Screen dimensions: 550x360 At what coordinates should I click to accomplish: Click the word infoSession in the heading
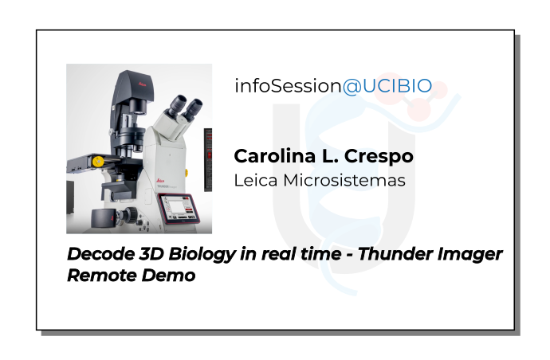pyautogui.click(x=288, y=86)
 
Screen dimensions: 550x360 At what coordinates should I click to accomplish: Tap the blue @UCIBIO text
pyautogui.click(x=387, y=86)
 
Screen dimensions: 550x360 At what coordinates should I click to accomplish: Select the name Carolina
pyautogui.click(x=275, y=156)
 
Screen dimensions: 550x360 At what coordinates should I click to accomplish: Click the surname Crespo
pyautogui.click(x=379, y=157)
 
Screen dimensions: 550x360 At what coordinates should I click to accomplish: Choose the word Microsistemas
pyautogui.click(x=344, y=181)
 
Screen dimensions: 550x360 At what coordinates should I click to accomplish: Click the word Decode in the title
pyautogui.click(x=100, y=254)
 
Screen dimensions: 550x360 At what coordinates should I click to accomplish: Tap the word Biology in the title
pyautogui.click(x=202, y=255)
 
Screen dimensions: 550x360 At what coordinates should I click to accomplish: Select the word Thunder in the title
pyautogui.click(x=395, y=254)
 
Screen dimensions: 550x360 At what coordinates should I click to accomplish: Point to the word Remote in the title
pyautogui.click(x=101, y=276)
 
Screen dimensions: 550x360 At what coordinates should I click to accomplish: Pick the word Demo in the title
pyautogui.click(x=168, y=276)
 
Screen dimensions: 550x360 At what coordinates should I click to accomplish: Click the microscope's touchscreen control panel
pyautogui.click(x=179, y=209)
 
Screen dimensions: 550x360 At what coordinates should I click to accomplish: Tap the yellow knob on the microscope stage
pyautogui.click(x=97, y=162)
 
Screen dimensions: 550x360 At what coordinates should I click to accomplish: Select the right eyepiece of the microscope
pyautogui.click(x=193, y=109)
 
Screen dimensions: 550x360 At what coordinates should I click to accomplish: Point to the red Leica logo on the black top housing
pyautogui.click(x=142, y=84)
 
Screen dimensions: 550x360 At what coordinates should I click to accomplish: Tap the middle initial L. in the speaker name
pyautogui.click(x=330, y=156)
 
